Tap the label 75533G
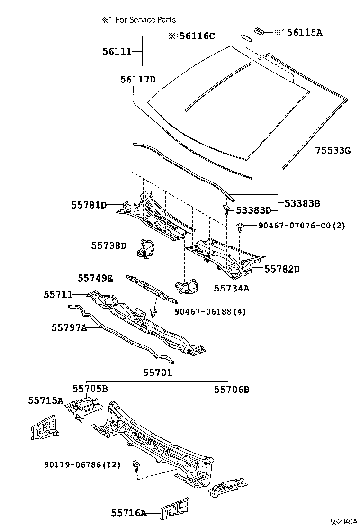tap(333, 151)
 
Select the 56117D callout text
tap(137, 80)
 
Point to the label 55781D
tap(89, 205)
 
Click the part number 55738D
tap(109, 245)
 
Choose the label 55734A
tap(231, 288)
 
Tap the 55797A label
tap(69, 327)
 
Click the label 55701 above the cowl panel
tap(157, 373)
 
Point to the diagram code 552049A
tap(343, 521)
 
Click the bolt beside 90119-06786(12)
tap(136, 466)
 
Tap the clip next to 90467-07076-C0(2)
tap(241, 227)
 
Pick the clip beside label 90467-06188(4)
tap(154, 312)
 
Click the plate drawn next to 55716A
tap(174, 509)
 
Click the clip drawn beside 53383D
tap(227, 209)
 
